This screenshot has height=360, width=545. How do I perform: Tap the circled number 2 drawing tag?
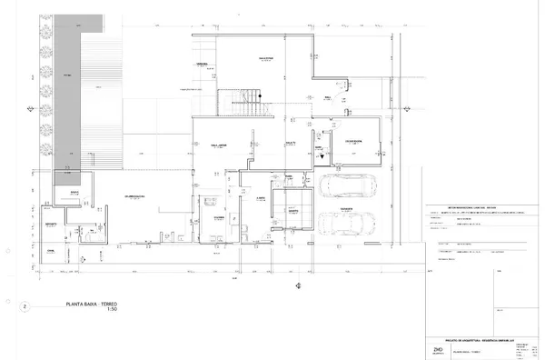[x=24, y=307]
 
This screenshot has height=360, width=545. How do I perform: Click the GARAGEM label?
[x=347, y=208]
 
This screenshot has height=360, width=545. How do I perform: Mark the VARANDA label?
[x=202, y=65]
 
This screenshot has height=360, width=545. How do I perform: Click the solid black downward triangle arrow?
[x=321, y=155]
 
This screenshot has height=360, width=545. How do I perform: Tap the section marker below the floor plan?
[x=298, y=287]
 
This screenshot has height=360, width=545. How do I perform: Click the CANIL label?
[x=53, y=250]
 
